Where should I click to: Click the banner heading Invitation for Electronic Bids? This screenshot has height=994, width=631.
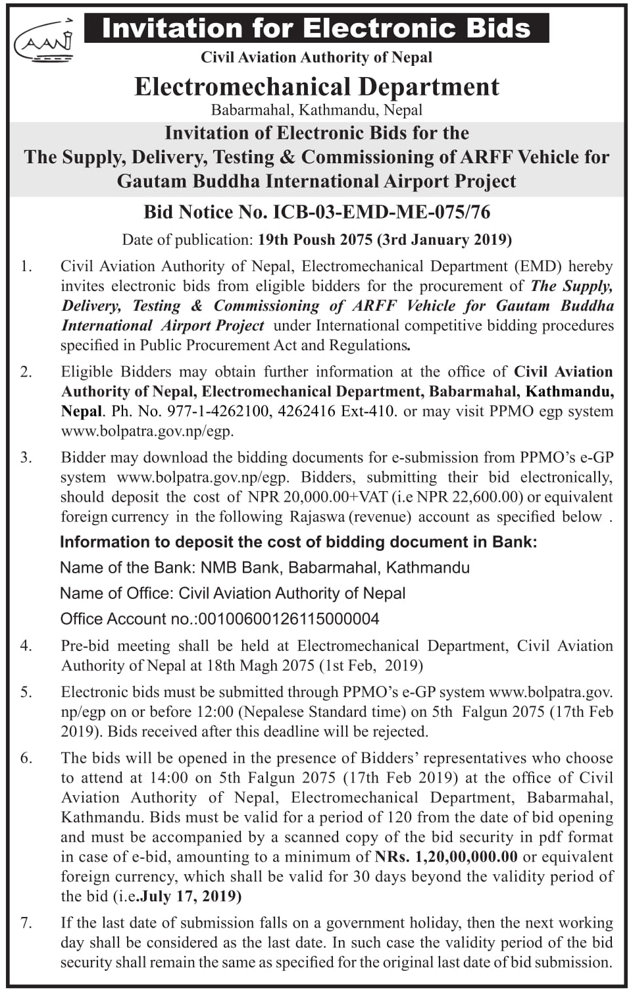pos(316,28)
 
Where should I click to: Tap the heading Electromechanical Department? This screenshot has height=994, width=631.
pos(316,87)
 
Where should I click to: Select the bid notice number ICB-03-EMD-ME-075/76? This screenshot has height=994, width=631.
pos(382,212)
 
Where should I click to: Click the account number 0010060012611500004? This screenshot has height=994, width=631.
pos(288,619)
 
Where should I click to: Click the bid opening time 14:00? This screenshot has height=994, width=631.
pos(169,777)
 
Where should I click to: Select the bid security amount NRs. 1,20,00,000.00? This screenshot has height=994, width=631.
pos(446,856)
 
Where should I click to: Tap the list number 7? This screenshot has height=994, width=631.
pos(26,922)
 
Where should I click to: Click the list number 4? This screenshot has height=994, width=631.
pos(26,646)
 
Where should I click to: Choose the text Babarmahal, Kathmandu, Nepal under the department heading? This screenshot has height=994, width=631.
pos(316,110)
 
